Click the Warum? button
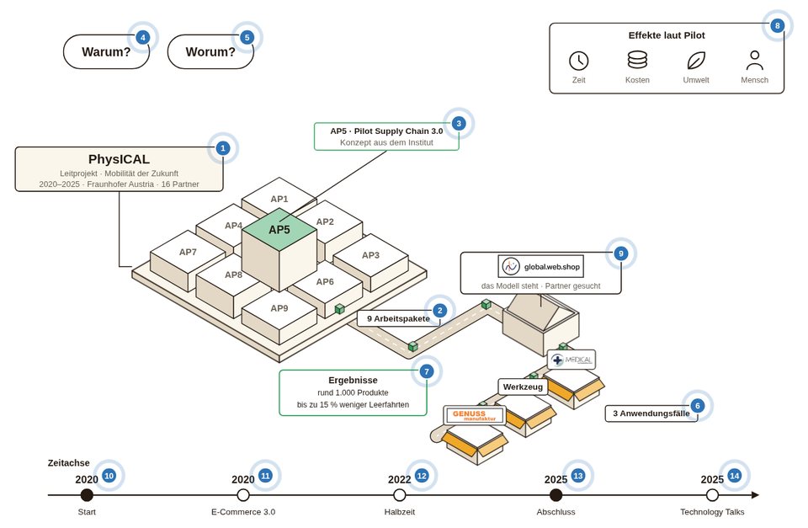tap(106, 51)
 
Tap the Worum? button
tap(210, 51)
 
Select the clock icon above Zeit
tap(579, 61)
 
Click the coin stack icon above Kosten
tap(637, 60)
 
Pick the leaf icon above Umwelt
tap(696, 61)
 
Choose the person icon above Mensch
tap(754, 61)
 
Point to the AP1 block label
tap(279, 199)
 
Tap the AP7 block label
tap(188, 252)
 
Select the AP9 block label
tap(279, 308)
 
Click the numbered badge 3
tap(459, 123)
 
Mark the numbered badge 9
tap(621, 253)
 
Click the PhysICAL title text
tap(119, 159)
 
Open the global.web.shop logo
tap(540, 267)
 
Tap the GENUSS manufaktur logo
tap(474, 415)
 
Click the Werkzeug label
tap(523, 387)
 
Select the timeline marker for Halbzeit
tap(399, 495)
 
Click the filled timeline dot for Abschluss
tap(555, 495)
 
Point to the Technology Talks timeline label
tap(712, 512)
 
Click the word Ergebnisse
tap(353, 380)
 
